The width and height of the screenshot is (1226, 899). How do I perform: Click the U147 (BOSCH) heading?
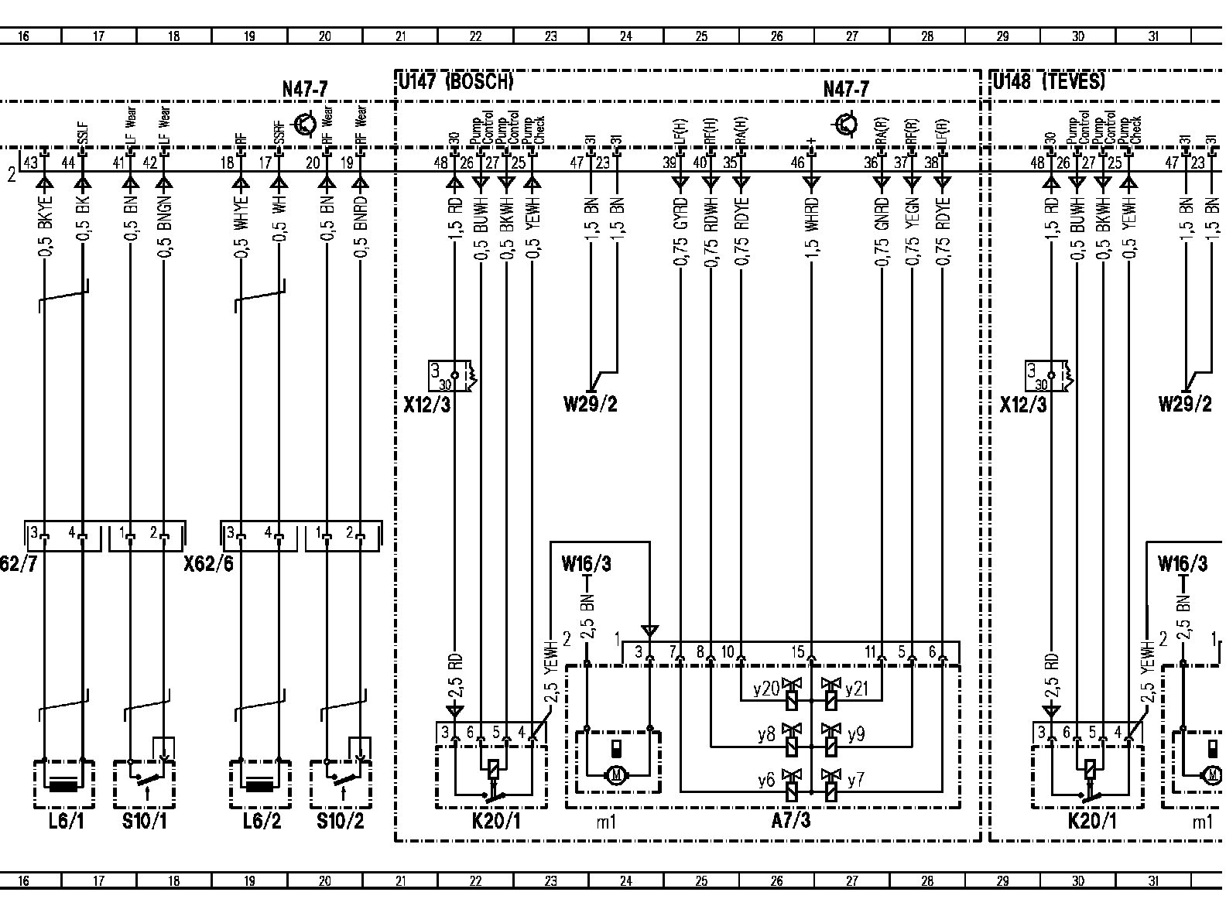pos(457,81)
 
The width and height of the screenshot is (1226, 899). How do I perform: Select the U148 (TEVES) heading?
pos(1050,81)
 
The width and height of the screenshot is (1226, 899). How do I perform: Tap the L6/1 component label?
pos(65,821)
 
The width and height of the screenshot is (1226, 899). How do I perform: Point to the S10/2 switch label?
pos(340,821)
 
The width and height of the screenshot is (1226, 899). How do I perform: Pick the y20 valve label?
pos(765,689)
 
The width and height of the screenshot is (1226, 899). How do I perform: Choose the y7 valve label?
pos(855,781)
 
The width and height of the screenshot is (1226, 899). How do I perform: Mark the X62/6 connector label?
pos(208,565)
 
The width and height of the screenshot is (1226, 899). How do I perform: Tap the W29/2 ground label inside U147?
pos(591,404)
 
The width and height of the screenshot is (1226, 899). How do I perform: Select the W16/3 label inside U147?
pos(586,564)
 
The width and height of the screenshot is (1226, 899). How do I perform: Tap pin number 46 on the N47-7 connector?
pos(797,163)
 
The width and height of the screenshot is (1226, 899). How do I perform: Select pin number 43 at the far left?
pos(30,163)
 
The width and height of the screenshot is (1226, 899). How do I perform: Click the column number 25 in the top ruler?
pos(701,36)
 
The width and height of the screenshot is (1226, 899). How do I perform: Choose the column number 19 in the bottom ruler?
pos(249,880)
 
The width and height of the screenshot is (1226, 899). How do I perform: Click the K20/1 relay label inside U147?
pos(496,821)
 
